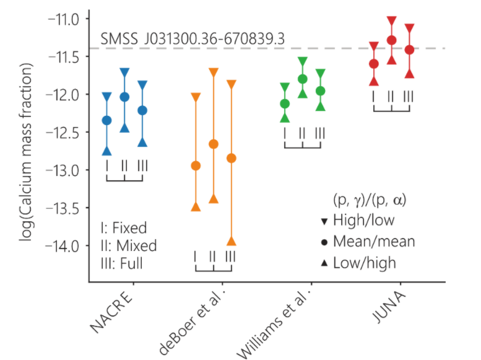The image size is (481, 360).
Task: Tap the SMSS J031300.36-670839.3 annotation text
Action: tap(193, 38)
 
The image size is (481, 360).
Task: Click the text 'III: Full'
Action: tap(121, 263)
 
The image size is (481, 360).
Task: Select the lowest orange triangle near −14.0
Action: tap(231, 241)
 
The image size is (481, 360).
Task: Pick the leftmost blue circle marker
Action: tap(107, 120)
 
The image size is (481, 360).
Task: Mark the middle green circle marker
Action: tap(303, 79)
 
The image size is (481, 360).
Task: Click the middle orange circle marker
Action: tap(214, 144)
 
